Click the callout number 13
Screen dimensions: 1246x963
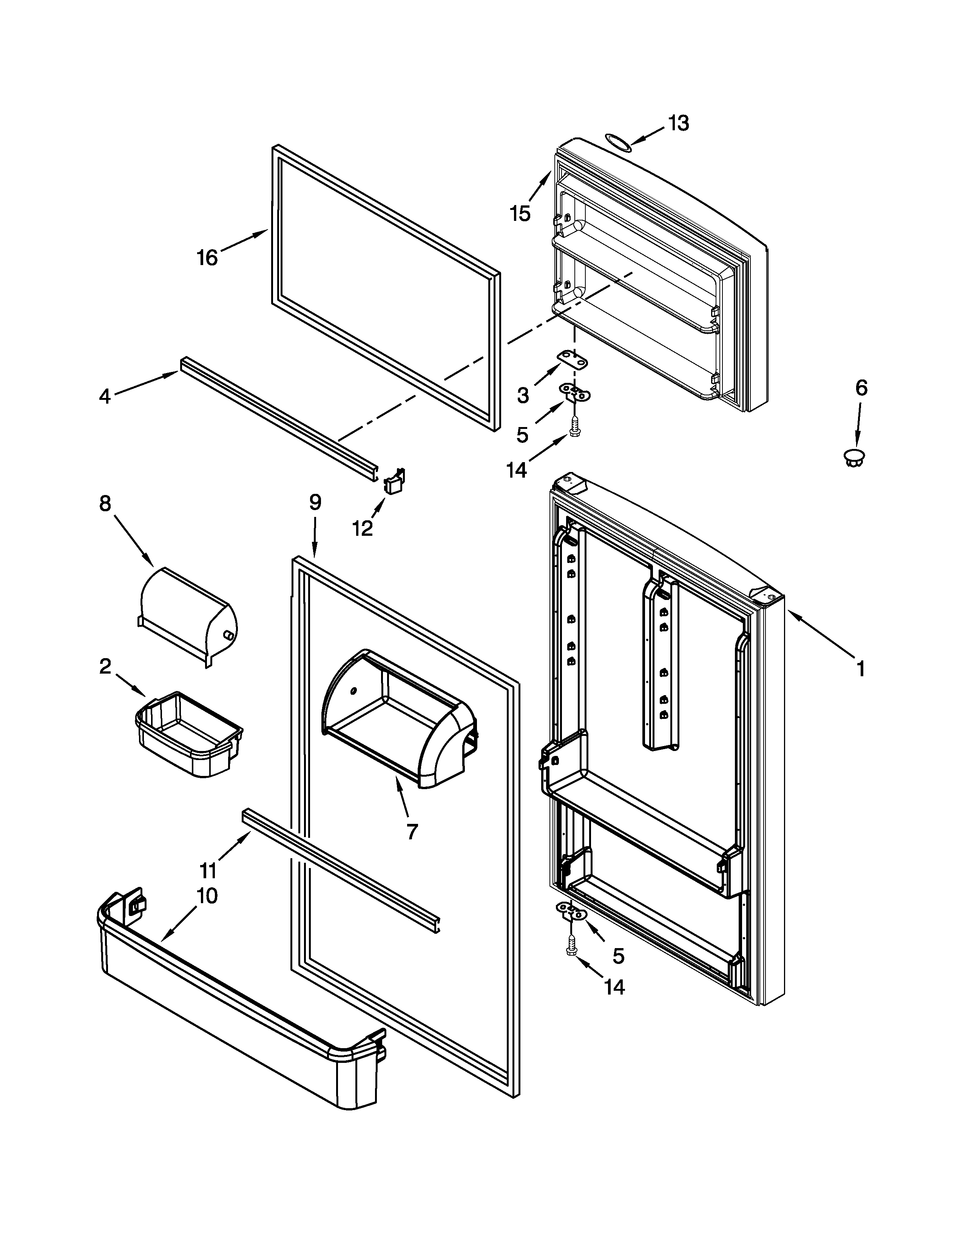coord(678,123)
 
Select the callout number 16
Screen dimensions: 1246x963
coord(208,258)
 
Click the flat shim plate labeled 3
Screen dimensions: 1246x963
coord(573,360)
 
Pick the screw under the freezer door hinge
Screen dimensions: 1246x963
coord(574,426)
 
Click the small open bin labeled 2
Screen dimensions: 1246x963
coord(189,736)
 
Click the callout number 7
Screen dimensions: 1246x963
coord(412,831)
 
